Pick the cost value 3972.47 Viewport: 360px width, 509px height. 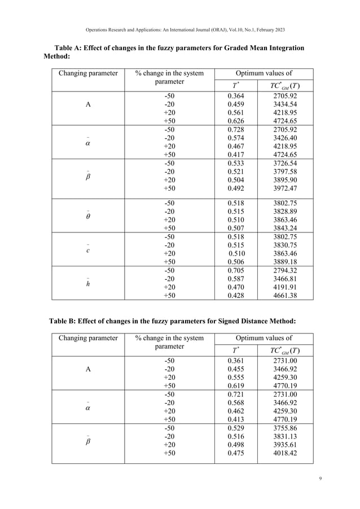pos(284,189)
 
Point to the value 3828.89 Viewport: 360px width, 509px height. pos(284,211)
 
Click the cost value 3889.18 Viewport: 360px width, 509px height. pos(284,262)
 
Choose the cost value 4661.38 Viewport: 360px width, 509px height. pos(284,295)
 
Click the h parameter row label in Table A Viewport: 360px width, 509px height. pos(88,283)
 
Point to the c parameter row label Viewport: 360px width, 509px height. pos(88,251)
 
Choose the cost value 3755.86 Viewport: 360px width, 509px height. pos(284,428)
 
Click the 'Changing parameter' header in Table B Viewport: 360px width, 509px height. pos(88,339)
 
